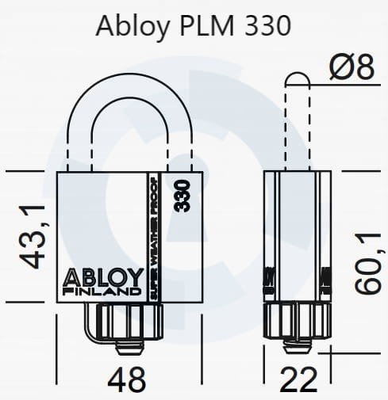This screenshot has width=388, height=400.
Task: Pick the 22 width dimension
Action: [x=300, y=379]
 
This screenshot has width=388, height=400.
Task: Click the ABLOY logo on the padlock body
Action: [x=100, y=278]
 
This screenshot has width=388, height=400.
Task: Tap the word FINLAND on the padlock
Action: [x=100, y=293]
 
